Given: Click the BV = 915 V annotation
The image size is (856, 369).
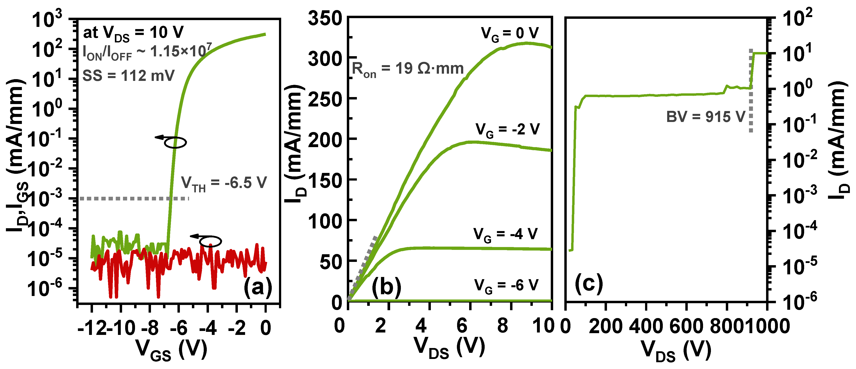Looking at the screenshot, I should pyautogui.click(x=705, y=117).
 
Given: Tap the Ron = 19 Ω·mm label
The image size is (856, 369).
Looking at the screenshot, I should pyautogui.click(x=408, y=69).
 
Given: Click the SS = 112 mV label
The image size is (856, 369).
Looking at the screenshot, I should pyautogui.click(x=128, y=76).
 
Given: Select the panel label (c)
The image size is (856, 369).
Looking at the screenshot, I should pyautogui.click(x=589, y=284).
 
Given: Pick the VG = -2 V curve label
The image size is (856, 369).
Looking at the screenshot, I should pyautogui.click(x=507, y=130).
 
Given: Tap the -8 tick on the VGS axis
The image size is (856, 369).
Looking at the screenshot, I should pyautogui.click(x=150, y=328).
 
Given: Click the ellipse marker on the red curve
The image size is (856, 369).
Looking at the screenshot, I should pyautogui.click(x=210, y=241).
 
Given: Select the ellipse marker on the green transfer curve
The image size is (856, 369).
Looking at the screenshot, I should pyautogui.click(x=175, y=142).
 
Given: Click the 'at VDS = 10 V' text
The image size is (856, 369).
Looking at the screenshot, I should pyautogui.click(x=133, y=33).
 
